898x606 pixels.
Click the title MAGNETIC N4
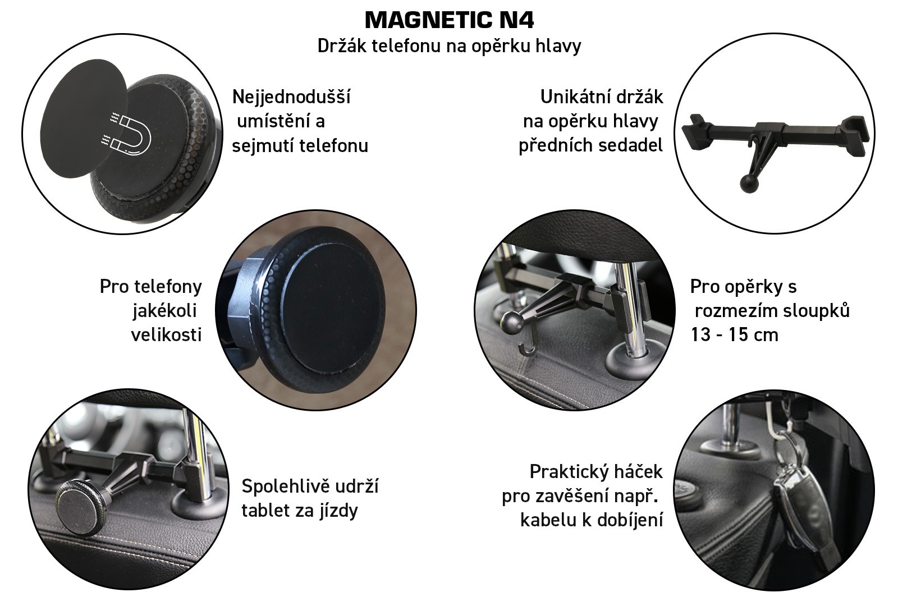tap(449, 20)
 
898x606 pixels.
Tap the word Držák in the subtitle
tap(342, 45)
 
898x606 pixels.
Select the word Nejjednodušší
tap(291, 97)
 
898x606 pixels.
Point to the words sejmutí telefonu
tap(300, 145)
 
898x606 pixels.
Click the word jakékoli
tap(165, 311)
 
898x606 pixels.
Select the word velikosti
tap(166, 334)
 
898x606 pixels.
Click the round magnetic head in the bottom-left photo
tap(80, 506)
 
